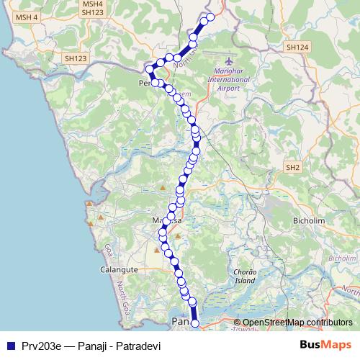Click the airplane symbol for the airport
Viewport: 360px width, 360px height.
[x=230, y=62]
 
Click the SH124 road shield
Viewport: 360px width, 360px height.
[x=296, y=47]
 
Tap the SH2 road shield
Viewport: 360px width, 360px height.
[x=292, y=167]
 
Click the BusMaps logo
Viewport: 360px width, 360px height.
[x=325, y=344]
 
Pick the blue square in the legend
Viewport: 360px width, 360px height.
[x=9, y=345]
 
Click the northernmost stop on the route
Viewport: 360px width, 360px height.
[x=210, y=17]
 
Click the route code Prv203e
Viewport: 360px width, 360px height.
[x=40, y=345]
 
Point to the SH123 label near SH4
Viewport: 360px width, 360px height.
[x=92, y=12]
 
